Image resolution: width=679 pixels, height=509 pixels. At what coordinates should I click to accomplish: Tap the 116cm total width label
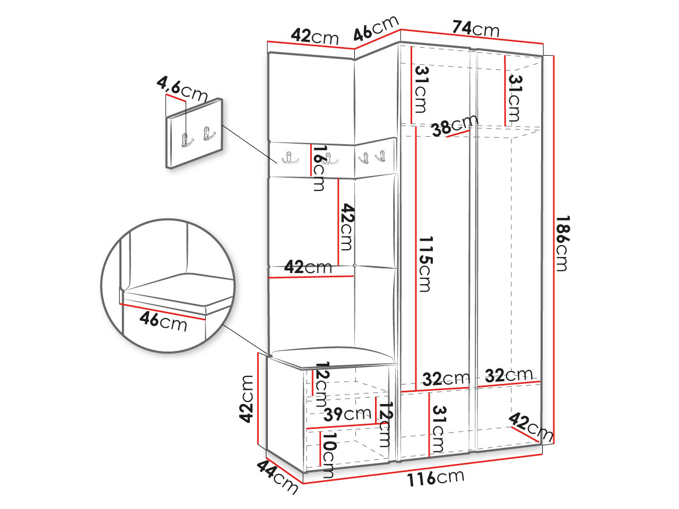[x=435, y=478]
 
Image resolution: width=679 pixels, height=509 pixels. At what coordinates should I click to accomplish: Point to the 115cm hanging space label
[x=425, y=264]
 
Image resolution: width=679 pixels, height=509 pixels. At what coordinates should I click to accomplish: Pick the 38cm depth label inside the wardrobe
[x=454, y=126]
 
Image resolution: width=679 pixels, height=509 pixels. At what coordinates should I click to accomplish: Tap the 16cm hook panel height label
[x=318, y=168]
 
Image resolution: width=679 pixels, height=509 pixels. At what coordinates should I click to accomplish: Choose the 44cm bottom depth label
[x=277, y=476]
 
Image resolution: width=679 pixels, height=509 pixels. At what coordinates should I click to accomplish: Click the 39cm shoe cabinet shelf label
[x=347, y=414]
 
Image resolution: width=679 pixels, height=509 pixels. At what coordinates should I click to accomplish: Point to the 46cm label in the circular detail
[x=163, y=321]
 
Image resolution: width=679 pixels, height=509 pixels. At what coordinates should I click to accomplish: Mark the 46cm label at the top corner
[x=376, y=29]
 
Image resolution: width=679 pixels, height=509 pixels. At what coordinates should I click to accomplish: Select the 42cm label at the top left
[x=315, y=36]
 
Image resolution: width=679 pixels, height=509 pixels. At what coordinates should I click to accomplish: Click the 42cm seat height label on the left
[x=247, y=398]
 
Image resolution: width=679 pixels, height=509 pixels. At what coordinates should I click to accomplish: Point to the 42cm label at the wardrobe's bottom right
[x=530, y=427]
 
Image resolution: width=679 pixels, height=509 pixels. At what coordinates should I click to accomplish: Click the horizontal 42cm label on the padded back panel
[x=308, y=267]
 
